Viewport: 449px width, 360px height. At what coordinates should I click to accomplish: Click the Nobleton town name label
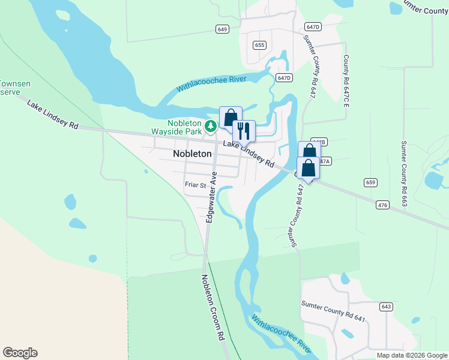(192, 154)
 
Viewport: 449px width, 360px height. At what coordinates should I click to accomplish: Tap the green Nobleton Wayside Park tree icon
(211, 126)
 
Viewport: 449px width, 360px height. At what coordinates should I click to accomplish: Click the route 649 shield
(223, 29)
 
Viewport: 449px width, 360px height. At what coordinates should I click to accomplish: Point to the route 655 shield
(259, 45)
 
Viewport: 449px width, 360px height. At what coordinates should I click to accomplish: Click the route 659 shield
(370, 182)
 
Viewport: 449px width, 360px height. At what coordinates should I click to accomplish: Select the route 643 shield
(386, 307)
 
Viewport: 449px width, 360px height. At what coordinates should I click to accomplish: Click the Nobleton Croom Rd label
(212, 308)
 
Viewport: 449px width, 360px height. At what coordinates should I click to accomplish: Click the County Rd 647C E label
(346, 82)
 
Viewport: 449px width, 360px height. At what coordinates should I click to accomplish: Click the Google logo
(20, 353)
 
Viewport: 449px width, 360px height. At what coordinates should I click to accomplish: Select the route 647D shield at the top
(313, 27)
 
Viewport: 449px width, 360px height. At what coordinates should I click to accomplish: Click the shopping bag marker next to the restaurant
(231, 116)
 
